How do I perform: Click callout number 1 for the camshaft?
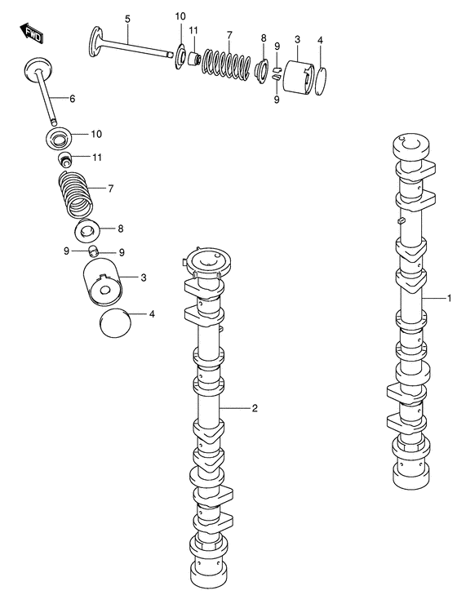(x=448, y=298)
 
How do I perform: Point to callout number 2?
(x=255, y=407)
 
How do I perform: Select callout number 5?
(x=127, y=19)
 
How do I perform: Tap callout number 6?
(x=72, y=99)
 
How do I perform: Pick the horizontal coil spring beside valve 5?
(x=224, y=62)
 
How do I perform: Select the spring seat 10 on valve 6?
(x=62, y=136)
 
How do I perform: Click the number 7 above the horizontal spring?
(x=229, y=34)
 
